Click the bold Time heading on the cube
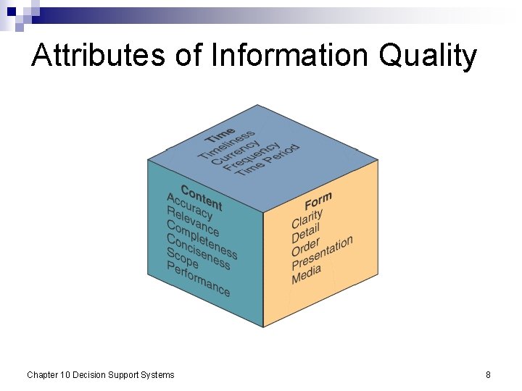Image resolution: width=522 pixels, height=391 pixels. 220,135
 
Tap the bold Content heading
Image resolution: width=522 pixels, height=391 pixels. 202,197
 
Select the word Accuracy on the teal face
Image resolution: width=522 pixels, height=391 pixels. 190,206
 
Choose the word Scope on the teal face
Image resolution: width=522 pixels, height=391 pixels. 182,258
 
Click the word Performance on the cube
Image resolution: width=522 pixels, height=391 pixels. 198,279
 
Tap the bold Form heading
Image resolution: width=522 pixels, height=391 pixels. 318,201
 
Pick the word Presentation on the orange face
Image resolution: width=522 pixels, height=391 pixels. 322,253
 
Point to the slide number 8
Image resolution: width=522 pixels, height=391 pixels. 488,374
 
